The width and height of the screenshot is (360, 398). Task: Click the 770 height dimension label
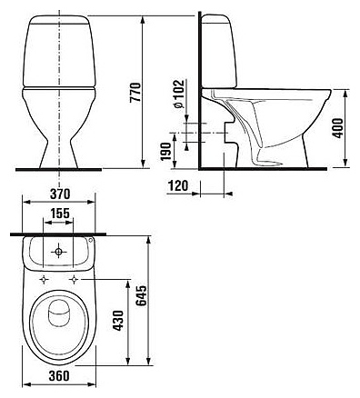tap(135, 92)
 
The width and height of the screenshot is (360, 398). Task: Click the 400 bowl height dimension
tap(338, 128)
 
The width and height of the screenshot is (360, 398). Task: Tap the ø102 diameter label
tap(179, 94)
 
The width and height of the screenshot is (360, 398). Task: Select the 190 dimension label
tap(166, 152)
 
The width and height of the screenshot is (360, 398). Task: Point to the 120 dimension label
tap(178, 185)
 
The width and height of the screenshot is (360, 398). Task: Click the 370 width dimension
tap(60, 194)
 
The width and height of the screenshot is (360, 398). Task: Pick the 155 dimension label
tap(60, 214)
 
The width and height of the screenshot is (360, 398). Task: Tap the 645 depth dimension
tap(141, 295)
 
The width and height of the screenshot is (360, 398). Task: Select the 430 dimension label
tap(118, 320)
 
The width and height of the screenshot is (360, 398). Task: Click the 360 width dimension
tap(59, 375)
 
